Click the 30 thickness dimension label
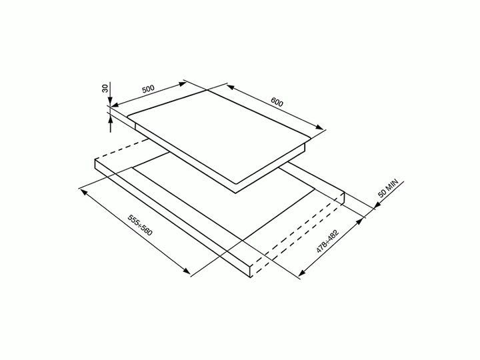pyautogui.click(x=105, y=89)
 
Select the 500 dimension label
pyautogui.click(x=148, y=89)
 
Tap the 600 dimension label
pyautogui.click(x=277, y=102)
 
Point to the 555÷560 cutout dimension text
pyautogui.click(x=140, y=225)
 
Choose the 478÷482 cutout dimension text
pyautogui.click(x=327, y=241)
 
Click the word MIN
pyautogui.click(x=392, y=185)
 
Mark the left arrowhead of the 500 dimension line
pyautogui.click(x=115, y=105)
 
